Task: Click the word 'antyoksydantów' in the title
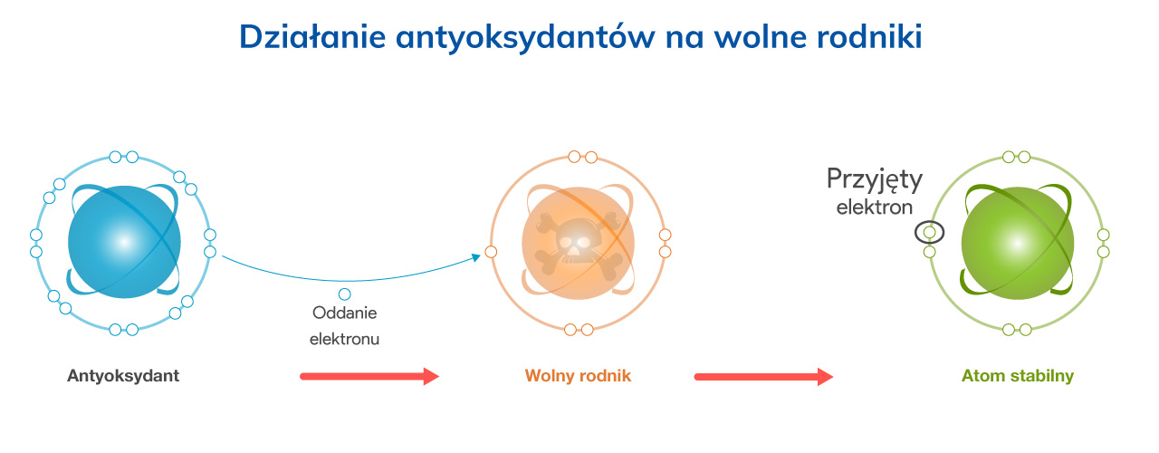pos(525,38)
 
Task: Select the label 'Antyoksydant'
pos(123,376)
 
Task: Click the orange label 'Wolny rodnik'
pos(578,376)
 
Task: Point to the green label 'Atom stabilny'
pos(1017,376)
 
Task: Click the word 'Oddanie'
pos(345,313)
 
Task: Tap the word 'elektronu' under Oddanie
pos(345,339)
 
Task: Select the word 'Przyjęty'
pos(875,180)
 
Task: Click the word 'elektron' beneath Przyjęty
pos(875,207)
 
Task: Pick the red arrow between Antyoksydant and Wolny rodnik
pos(369,376)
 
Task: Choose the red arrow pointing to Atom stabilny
pos(763,376)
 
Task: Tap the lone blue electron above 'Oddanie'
pos(345,294)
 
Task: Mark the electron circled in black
pos(929,233)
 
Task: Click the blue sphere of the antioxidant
pos(124,242)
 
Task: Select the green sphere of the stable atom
pos(1018,244)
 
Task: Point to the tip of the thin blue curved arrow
pos(481,255)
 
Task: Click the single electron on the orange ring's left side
pos(491,252)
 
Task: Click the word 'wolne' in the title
pos(760,37)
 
